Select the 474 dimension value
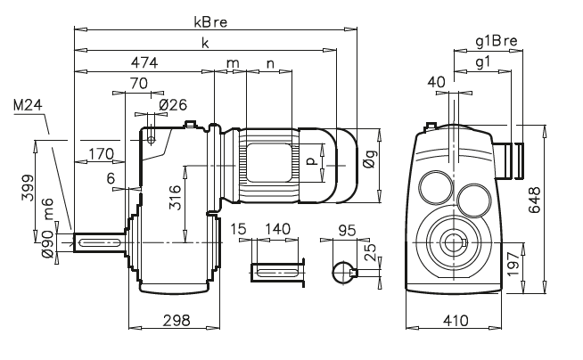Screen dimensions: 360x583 pos(144,63)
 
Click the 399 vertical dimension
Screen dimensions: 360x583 pos(26,192)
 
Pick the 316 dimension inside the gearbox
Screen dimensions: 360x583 pos(176,194)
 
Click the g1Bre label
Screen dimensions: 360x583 pos(494,41)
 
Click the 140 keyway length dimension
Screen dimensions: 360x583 pos(279,230)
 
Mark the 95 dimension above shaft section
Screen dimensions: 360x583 pos(349,230)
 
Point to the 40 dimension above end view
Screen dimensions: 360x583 pos(437,82)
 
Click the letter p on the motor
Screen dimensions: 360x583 pos(309,161)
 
